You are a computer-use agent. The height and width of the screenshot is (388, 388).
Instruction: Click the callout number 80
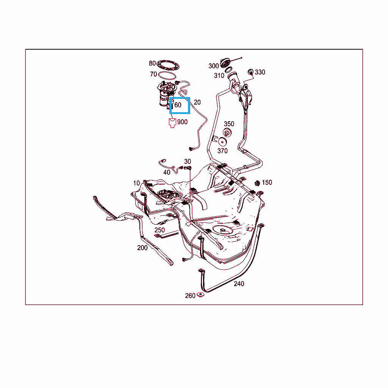[152, 63]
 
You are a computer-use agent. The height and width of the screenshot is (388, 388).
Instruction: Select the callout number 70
[153, 74]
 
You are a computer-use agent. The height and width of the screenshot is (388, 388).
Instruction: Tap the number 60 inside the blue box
[178, 105]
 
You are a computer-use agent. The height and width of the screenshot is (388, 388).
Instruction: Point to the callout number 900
[182, 122]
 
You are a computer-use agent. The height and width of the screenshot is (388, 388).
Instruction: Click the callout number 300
[214, 66]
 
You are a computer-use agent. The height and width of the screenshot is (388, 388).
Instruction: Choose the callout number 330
[260, 72]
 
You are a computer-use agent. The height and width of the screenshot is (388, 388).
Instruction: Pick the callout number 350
[229, 124]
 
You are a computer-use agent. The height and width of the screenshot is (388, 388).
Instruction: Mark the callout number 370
[222, 151]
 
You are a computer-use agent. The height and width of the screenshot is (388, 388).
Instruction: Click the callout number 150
[267, 183]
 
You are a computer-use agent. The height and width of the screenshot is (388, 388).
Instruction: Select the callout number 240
[239, 284]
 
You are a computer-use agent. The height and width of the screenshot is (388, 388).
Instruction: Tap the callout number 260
[190, 296]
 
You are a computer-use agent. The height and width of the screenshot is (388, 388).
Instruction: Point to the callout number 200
[142, 248]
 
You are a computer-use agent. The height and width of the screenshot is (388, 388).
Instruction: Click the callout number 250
[160, 230]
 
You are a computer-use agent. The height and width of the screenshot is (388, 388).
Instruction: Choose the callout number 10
[136, 183]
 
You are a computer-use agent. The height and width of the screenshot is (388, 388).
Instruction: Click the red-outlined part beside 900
[172, 123]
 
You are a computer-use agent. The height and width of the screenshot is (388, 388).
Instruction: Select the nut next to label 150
[257, 183]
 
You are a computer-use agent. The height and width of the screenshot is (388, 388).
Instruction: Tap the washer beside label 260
[200, 295]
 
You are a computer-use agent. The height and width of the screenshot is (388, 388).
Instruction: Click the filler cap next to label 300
[225, 63]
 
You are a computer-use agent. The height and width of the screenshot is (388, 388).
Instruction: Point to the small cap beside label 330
[251, 72]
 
